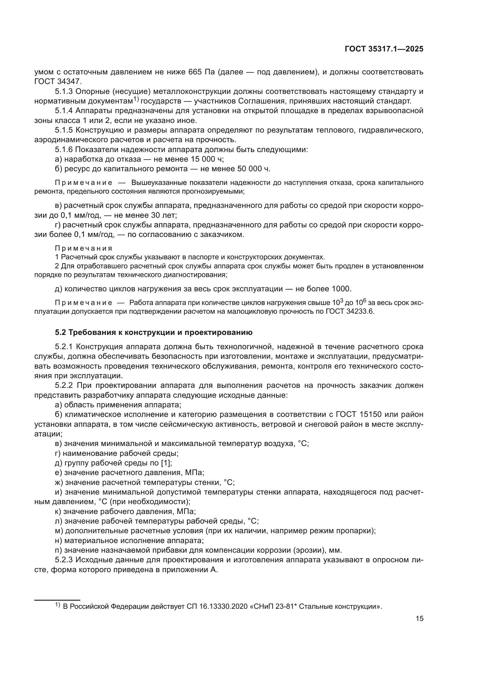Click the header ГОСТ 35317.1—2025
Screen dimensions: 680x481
coord(384,49)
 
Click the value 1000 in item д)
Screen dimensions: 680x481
coord(341,288)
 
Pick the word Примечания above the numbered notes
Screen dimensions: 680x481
coord(84,248)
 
